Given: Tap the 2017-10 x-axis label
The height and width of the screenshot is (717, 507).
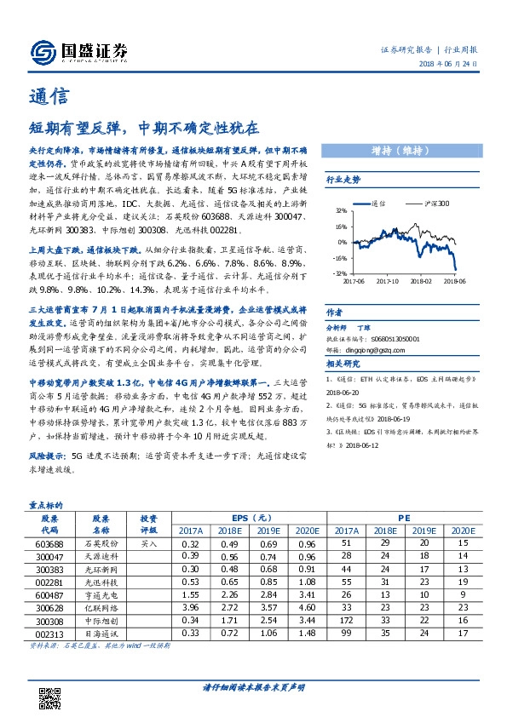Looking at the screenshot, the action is [x=388, y=279].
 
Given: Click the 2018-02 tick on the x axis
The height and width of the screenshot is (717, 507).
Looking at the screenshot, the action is [x=421, y=279].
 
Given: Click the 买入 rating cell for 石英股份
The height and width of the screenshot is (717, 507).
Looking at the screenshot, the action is [x=148, y=542].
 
